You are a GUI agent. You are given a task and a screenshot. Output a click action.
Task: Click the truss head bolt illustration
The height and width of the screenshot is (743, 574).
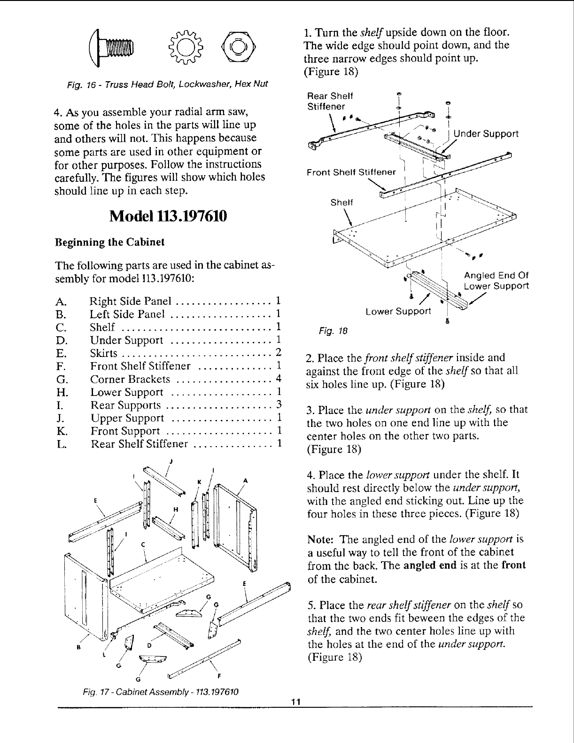click(x=115, y=47)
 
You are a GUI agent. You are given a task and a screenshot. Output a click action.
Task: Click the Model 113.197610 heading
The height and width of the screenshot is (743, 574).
click(x=168, y=217)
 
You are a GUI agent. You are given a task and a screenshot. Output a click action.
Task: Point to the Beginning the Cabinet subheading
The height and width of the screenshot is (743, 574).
click(x=110, y=242)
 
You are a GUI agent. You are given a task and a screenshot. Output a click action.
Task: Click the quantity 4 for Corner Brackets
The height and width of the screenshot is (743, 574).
click(x=279, y=379)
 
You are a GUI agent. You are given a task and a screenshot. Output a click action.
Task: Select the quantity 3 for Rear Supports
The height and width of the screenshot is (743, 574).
click(x=279, y=404)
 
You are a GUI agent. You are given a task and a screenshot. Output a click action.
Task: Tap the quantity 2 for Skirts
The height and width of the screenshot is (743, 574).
click(x=279, y=352)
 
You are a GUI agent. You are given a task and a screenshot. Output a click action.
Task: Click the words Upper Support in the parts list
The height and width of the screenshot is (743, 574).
click(x=127, y=418)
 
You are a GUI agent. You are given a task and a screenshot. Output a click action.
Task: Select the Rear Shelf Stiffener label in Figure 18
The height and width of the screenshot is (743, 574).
click(x=330, y=101)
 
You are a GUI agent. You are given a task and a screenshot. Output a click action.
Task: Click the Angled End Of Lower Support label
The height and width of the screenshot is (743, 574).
click(x=496, y=281)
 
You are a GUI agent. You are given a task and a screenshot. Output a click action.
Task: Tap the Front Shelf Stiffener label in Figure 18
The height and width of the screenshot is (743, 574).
click(x=351, y=172)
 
